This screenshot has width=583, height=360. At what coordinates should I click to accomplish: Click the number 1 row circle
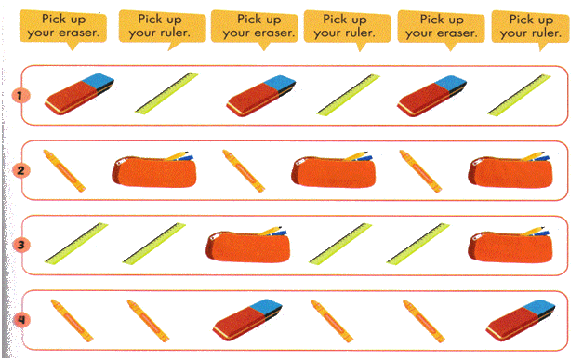(20, 96)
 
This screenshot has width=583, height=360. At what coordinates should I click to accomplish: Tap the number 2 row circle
(20, 171)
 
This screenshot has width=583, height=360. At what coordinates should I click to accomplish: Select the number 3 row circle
(20, 245)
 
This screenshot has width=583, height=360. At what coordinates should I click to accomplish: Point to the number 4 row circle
(21, 320)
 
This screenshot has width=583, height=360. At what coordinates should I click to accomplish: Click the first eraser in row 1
(79, 94)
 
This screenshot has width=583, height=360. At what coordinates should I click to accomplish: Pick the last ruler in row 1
(520, 95)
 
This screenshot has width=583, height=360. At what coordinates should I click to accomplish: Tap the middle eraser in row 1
(261, 96)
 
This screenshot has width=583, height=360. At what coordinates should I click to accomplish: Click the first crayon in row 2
(64, 171)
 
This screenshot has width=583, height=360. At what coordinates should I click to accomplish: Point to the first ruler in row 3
(76, 244)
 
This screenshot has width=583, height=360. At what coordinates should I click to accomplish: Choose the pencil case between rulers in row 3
(247, 244)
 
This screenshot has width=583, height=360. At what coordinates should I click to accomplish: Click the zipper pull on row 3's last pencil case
(476, 236)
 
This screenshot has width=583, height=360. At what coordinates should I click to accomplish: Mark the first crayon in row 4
(72, 320)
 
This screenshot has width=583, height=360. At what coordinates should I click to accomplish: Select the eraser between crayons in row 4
(247, 320)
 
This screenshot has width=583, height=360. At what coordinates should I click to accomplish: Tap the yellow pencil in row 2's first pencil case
(177, 155)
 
